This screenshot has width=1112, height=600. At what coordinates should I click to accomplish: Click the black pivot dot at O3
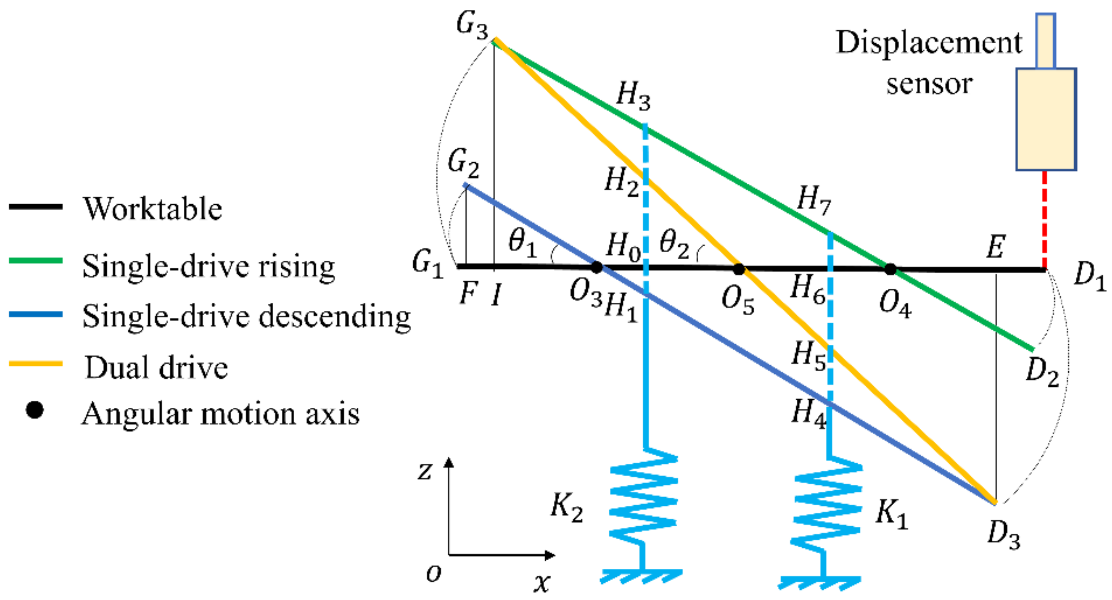coord(596,268)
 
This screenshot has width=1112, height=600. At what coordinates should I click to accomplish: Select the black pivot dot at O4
coord(890,269)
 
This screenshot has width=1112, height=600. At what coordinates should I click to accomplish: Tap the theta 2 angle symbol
coord(675,244)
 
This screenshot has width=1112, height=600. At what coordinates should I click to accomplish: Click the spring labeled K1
coord(828,509)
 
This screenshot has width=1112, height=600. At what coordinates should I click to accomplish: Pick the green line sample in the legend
coord(36,261)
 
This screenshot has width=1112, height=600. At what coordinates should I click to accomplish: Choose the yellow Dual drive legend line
coord(36,364)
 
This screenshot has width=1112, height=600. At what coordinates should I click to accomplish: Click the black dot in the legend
coord(35,410)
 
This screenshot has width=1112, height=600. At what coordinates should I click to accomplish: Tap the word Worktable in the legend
coord(153,209)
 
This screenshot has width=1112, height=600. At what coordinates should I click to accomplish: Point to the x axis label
coord(542,583)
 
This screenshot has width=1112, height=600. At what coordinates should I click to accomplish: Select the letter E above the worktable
coord(996,247)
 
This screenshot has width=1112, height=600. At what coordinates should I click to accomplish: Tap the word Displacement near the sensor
coord(929,44)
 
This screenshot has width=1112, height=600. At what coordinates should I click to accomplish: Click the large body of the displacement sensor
coord(1046,119)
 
